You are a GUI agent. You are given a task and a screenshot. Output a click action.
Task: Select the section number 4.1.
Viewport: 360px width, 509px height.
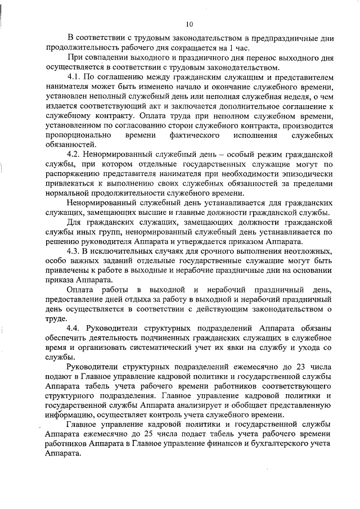tap(74, 76)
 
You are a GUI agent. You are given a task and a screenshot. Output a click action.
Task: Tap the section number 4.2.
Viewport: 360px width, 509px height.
tap(74, 153)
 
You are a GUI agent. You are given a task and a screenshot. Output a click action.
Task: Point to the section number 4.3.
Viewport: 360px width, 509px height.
tap(74, 251)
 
